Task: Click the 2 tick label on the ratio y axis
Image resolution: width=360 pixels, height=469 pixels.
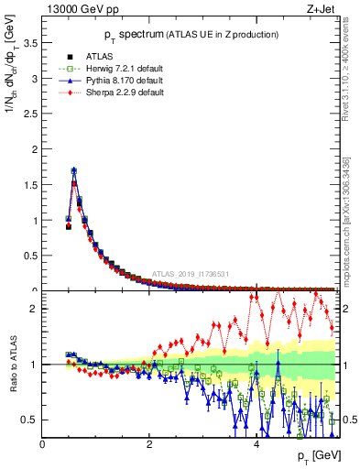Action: click(x=34, y=309)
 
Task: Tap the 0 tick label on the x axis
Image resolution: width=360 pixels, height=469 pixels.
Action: click(x=42, y=445)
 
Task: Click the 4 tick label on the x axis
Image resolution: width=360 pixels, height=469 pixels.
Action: click(x=256, y=445)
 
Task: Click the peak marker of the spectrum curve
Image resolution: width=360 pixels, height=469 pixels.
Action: click(x=73, y=170)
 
